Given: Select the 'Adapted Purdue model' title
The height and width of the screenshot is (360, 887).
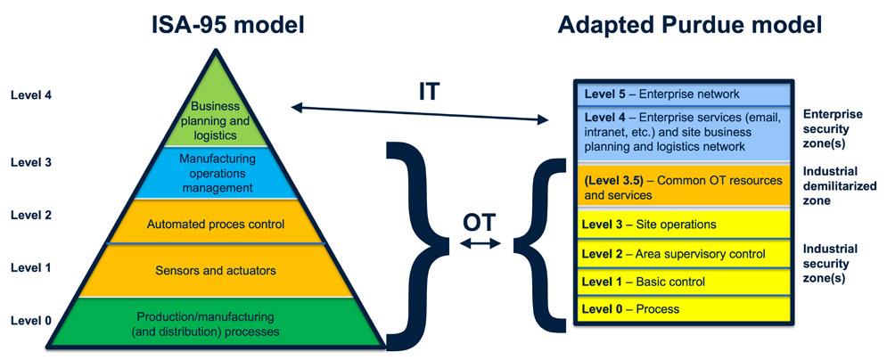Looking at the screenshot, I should (x=690, y=24).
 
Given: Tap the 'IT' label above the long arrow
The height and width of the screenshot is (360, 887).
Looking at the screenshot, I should (x=429, y=92).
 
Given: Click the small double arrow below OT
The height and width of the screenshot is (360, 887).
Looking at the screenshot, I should (x=480, y=242).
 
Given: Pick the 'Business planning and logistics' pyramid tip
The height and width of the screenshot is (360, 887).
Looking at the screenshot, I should (x=214, y=119).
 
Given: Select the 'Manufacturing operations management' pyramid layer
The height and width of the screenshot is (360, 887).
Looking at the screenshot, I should (x=216, y=173).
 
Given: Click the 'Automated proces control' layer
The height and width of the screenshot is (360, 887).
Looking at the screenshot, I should (x=215, y=224).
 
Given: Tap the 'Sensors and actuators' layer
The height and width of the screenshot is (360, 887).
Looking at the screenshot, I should (x=215, y=270).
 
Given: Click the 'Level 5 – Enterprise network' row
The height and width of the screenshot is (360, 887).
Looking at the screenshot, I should (x=681, y=94).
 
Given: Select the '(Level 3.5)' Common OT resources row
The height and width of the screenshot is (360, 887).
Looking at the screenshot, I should (x=681, y=186).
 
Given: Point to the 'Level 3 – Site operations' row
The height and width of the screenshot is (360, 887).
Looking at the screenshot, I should (x=681, y=225).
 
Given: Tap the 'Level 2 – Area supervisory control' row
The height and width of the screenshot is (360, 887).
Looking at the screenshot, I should (x=681, y=254).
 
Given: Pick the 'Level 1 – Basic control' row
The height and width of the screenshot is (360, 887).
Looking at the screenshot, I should (x=681, y=282).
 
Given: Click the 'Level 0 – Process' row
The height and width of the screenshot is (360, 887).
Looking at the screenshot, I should (x=681, y=309).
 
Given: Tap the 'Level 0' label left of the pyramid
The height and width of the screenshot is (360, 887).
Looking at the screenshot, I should (x=30, y=319).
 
